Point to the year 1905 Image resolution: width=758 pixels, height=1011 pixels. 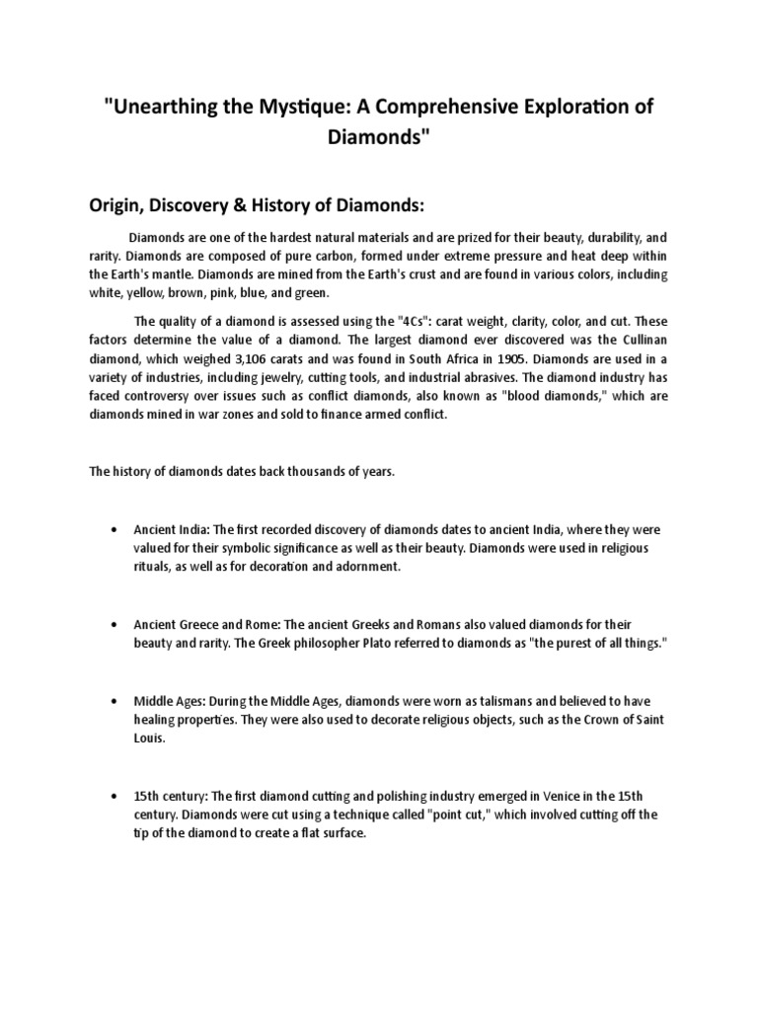[x=511, y=358]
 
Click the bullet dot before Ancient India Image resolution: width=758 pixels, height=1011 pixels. [x=116, y=529]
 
